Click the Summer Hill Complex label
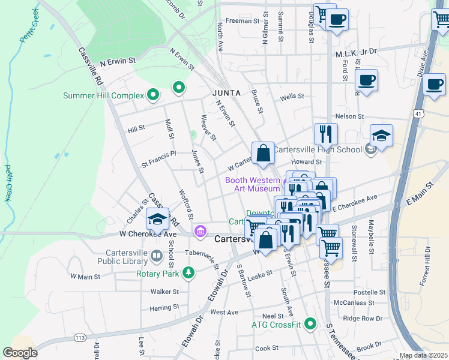(104, 95)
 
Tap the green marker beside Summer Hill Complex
(152, 94)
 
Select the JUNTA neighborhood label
(226, 93)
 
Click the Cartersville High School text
(318, 150)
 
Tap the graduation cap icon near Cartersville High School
(381, 136)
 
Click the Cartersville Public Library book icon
(157, 257)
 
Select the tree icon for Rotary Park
(189, 273)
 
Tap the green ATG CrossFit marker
(310, 325)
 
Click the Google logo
(20, 353)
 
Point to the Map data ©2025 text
(423, 355)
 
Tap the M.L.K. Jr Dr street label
(355, 52)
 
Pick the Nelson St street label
(350, 116)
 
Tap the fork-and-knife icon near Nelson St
(326, 133)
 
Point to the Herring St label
(161, 307)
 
